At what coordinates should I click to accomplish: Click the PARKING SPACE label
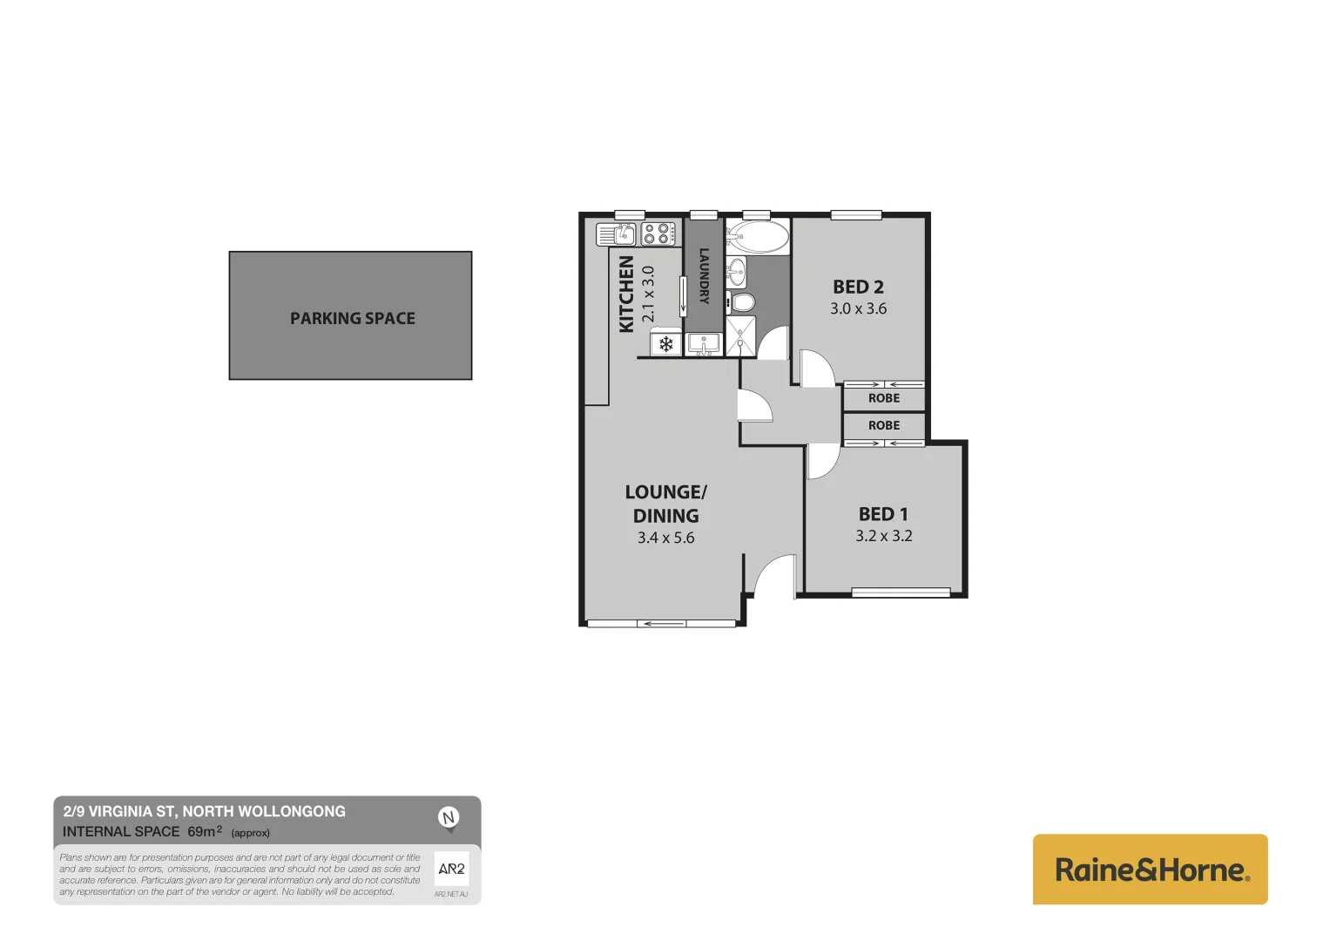coord(352,319)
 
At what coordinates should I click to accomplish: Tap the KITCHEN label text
coord(626,294)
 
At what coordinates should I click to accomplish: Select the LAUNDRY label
coord(704,276)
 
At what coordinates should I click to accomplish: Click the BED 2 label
coord(858,287)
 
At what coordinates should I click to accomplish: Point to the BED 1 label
coord(883,514)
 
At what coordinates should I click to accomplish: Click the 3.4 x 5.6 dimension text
coord(665,538)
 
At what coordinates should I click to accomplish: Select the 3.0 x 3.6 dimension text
coord(858,308)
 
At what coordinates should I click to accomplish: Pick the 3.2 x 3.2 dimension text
coord(883,536)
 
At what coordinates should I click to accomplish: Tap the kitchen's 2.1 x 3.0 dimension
coord(648,294)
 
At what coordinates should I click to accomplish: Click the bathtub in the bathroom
coord(758,236)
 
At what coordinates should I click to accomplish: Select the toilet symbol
coord(742,303)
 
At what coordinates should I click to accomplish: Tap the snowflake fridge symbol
coord(666,345)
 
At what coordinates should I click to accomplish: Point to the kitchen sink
coord(617,234)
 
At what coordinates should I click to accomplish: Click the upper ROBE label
coord(883,398)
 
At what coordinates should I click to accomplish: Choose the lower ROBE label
coord(883,425)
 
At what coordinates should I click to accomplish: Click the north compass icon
coord(449,818)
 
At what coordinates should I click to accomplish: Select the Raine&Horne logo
coord(1150,870)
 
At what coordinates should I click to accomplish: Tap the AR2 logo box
coord(451,869)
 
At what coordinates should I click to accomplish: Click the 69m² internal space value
coord(205,831)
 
